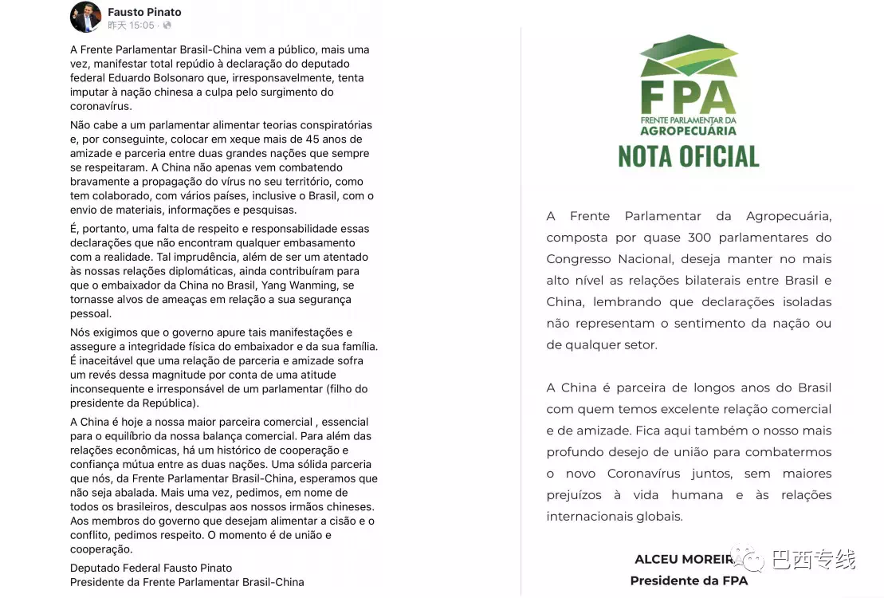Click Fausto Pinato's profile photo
click(x=86, y=17)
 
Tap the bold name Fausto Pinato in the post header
click(x=144, y=12)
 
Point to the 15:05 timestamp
click(x=143, y=26)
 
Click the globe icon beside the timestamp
click(x=167, y=26)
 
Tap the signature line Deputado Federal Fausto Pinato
click(x=151, y=568)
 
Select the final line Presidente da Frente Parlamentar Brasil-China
click(x=187, y=582)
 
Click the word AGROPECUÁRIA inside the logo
click(x=688, y=130)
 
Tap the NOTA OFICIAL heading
click(x=688, y=156)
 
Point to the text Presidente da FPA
click(x=688, y=580)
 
